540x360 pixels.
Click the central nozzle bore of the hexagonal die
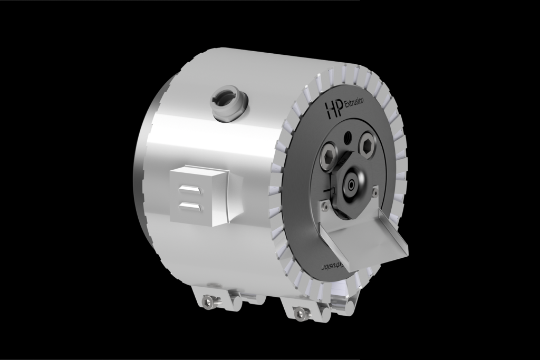click(351, 184)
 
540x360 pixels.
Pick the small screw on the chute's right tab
click(375, 192)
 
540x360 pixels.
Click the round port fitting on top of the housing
click(227, 100)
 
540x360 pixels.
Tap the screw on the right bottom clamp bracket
click(301, 313)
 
